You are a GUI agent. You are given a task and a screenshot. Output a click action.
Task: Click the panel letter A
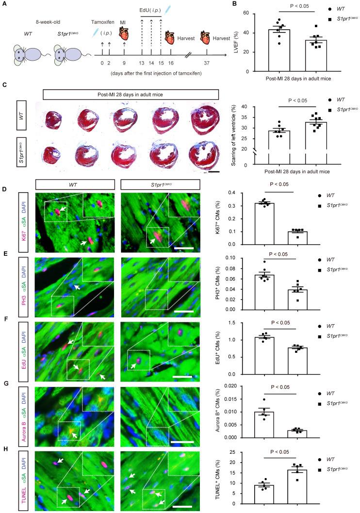[4, 6]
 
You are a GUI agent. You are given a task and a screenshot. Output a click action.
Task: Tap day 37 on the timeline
[207, 63]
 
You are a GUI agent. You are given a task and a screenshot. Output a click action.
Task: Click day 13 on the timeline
[141, 63]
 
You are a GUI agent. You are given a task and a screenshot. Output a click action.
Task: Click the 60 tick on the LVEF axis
[246, 13]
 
